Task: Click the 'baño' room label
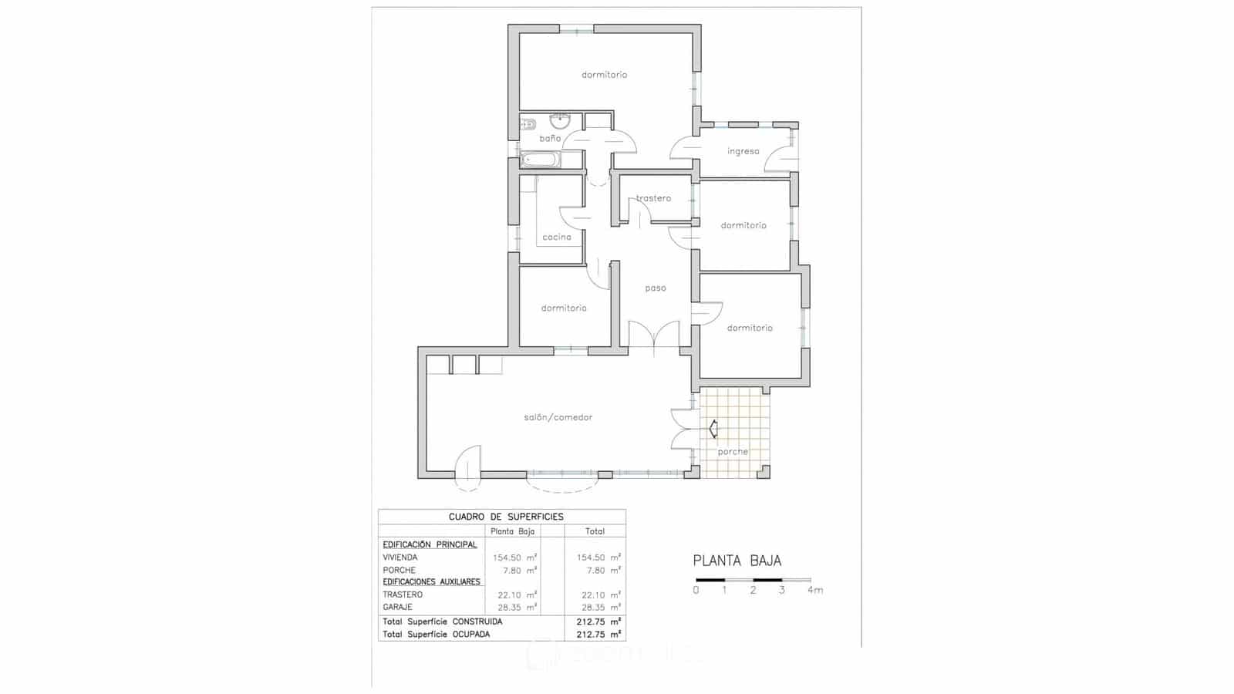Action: point(550,139)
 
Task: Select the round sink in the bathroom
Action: point(559,121)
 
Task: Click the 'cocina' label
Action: point(557,238)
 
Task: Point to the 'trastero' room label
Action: point(654,199)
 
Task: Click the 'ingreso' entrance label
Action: point(743,152)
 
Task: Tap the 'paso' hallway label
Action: point(656,288)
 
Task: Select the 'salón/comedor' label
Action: point(558,418)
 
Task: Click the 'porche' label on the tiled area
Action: point(733,452)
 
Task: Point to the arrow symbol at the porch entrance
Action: point(713,429)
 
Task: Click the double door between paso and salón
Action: point(654,336)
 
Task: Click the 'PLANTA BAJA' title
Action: point(737,561)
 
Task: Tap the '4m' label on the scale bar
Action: point(815,591)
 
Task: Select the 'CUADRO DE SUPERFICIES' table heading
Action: point(506,517)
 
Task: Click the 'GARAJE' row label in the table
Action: point(397,608)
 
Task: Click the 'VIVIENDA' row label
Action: point(400,558)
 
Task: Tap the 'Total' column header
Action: point(595,531)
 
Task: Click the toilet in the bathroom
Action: point(528,124)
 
